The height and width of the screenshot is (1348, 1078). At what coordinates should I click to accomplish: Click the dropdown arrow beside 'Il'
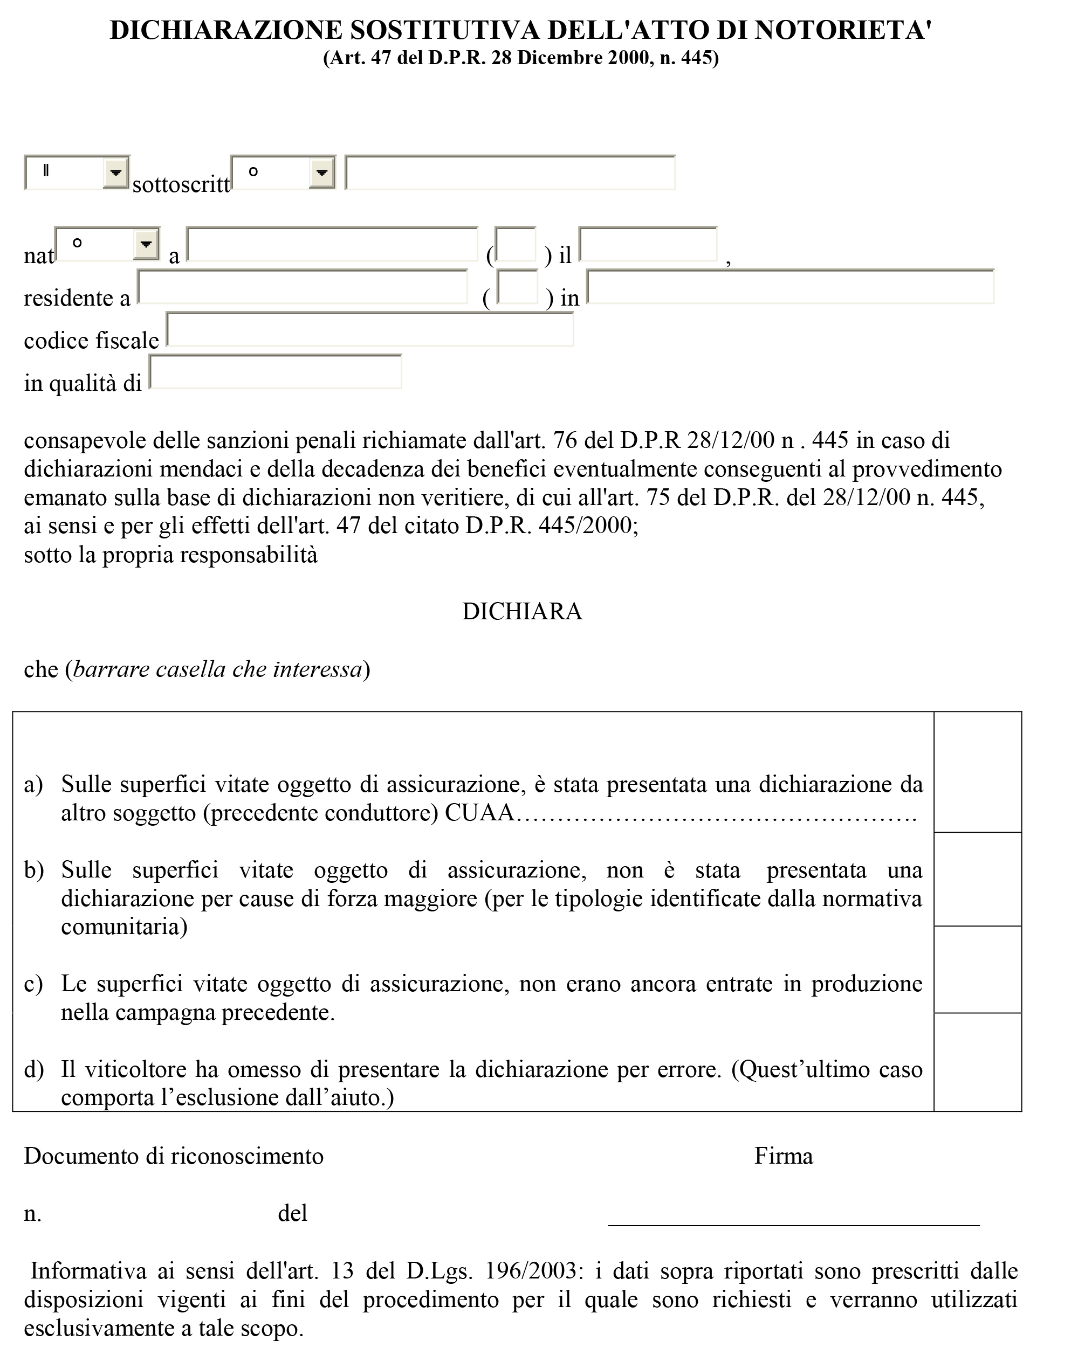coord(116,172)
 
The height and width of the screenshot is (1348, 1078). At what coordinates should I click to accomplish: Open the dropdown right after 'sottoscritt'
coord(321,172)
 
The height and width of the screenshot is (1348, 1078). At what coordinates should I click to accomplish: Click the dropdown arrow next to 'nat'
coord(146,243)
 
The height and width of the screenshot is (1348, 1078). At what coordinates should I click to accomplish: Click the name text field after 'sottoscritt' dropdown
coord(510,172)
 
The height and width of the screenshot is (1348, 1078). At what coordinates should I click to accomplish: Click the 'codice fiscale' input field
coord(370,329)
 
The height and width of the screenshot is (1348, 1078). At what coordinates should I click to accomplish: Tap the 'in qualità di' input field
coord(275,372)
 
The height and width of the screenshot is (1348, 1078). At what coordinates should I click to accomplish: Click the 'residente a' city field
coord(302,287)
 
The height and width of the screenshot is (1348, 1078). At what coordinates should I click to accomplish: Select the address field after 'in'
coord(790,287)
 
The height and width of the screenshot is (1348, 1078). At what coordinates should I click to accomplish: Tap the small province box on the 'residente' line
coord(517,287)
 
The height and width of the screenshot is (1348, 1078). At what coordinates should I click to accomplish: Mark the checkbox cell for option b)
coord(977,879)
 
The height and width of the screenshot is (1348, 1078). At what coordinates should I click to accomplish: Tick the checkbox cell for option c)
coord(977,969)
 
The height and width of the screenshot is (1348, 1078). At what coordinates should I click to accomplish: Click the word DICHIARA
coord(522,611)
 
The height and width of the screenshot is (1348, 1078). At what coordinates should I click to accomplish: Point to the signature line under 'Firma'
coord(793,1223)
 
